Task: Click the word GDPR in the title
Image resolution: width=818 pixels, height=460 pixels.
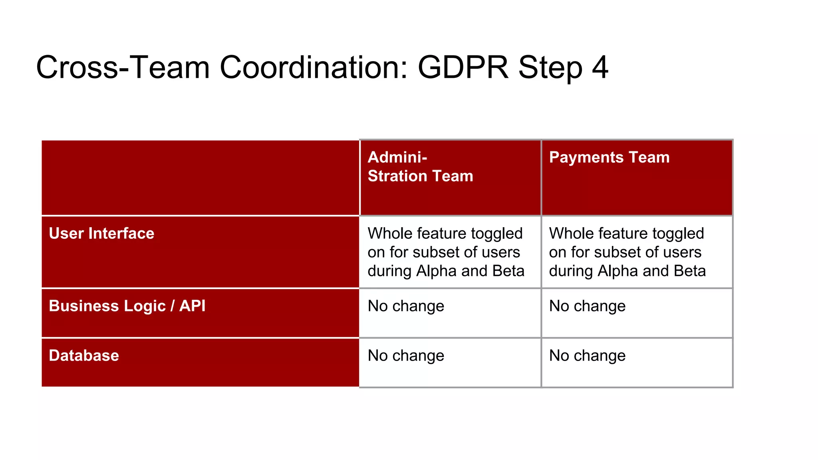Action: pos(463,67)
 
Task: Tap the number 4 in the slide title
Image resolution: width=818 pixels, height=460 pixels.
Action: pos(600,67)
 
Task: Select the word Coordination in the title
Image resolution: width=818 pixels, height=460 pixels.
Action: pos(314,67)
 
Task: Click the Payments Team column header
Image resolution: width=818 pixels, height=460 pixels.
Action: pos(609,157)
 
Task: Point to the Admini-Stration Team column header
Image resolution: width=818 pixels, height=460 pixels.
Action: pos(420,167)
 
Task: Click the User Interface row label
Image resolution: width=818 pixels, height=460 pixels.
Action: pos(101,233)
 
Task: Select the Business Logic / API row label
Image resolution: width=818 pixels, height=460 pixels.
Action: pos(127,306)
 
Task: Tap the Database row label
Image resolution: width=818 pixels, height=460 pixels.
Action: pos(84,355)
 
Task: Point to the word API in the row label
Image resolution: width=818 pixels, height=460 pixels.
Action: pos(192,306)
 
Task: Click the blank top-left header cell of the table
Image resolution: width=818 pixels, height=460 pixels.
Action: pos(200,178)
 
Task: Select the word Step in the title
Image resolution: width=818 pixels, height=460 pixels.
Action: pos(550,67)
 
